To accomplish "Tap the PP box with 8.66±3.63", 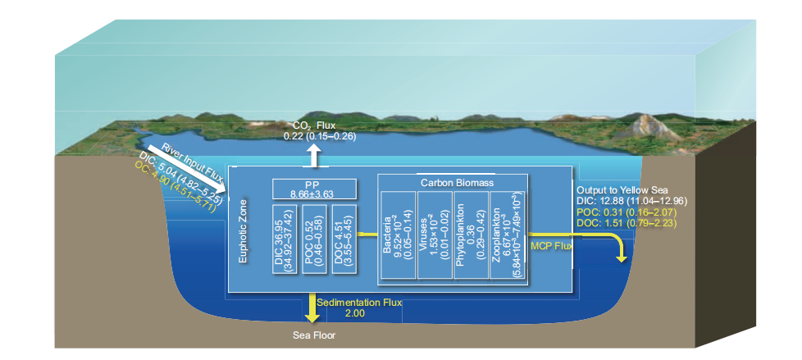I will [x=315, y=188].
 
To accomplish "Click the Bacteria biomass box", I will [x=397, y=237].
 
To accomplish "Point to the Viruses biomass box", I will [x=434, y=237].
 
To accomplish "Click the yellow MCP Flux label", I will [x=552, y=244].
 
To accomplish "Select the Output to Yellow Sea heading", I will [x=622, y=189].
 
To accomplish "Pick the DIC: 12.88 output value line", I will [x=631, y=200].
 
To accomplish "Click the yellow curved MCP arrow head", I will [x=622, y=256].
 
